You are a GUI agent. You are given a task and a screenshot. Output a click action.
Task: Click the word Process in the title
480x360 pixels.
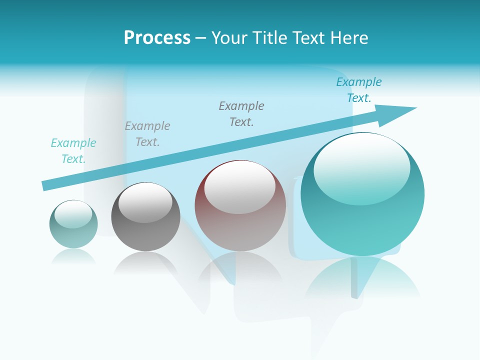(x=157, y=37)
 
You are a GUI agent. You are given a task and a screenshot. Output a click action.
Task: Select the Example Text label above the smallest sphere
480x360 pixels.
(x=73, y=151)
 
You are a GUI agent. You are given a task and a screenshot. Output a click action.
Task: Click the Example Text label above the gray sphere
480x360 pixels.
(x=147, y=134)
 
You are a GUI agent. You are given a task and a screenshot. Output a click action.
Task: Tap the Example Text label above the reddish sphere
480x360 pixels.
(x=241, y=114)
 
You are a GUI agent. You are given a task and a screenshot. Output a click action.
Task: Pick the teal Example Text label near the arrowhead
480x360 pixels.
(x=359, y=90)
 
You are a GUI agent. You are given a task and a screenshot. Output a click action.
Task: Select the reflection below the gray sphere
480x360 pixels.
(x=145, y=262)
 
